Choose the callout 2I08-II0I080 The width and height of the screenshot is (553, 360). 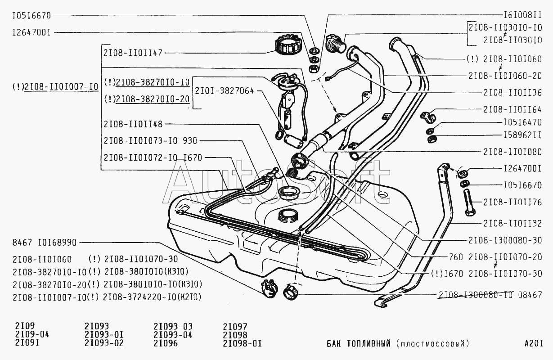click(x=512, y=152)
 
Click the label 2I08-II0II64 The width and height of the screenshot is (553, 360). click(x=512, y=109)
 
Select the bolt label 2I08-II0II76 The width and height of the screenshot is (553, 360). click(x=512, y=202)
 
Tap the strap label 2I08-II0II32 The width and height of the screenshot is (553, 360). click(x=512, y=223)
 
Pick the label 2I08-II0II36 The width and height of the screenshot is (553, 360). click(x=512, y=92)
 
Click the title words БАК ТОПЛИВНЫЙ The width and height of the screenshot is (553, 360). click(x=359, y=344)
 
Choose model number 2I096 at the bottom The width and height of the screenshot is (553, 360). click(x=166, y=344)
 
